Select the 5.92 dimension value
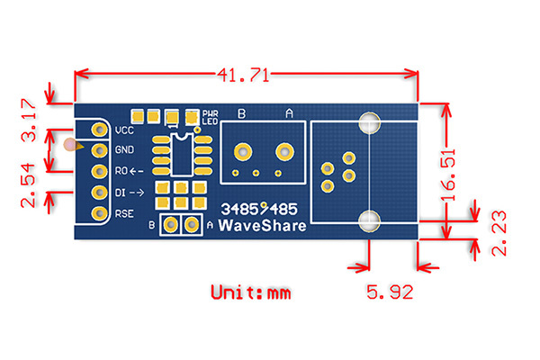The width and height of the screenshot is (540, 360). pos(389,291)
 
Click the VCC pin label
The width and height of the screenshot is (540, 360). pos(124,130)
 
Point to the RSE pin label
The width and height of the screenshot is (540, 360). pos(124,213)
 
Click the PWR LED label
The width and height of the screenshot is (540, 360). pos(211,116)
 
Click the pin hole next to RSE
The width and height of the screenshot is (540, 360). pos(97,213)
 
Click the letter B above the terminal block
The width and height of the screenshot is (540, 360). pos(240,114)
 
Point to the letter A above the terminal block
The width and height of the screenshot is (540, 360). pos(289,114)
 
